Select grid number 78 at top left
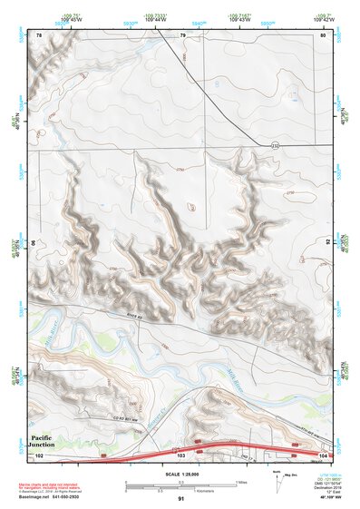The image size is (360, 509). [39, 34]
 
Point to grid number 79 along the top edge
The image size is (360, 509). [182, 34]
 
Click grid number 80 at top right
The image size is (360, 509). [322, 34]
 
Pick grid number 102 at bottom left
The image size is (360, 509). [39, 455]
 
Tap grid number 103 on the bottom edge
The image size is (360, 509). [181, 455]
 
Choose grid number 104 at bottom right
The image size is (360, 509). [322, 455]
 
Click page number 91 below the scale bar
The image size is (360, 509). [181, 499]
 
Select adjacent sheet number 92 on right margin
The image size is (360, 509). [328, 243]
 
